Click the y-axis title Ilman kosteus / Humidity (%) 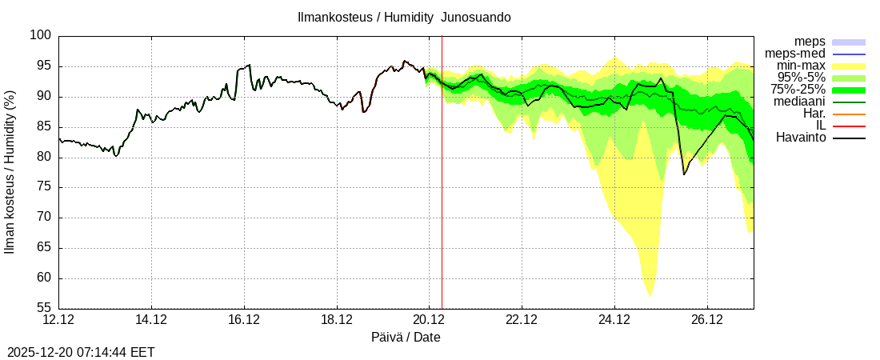(10, 173)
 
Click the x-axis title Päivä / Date (406, 337)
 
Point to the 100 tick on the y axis (42, 36)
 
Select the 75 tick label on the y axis (45, 187)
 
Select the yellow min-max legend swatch (849, 66)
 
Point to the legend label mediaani (799, 102)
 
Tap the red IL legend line (849, 126)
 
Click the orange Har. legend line (849, 114)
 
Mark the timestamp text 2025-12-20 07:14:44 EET (81, 352)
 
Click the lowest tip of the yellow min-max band (650, 297)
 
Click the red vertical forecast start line (442, 200)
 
